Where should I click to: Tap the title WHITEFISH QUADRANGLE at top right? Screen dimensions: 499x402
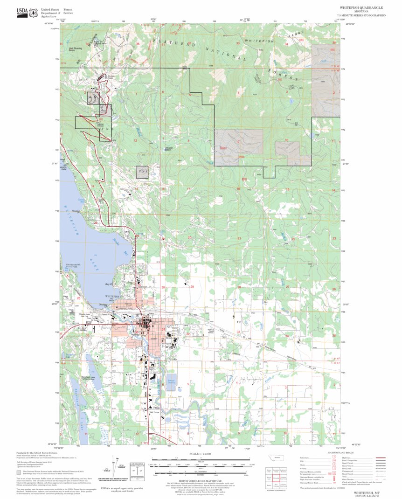click(361, 8)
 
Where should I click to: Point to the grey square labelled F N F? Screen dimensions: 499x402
click(142, 172)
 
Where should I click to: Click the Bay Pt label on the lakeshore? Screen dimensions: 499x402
click(110, 284)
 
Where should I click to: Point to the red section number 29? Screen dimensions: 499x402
click(192, 287)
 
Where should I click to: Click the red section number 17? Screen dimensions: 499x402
click(188, 189)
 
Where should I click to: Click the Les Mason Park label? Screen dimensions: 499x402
click(64, 168)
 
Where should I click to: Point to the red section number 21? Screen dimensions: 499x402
click(239, 238)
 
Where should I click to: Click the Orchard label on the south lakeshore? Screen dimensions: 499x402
click(104, 305)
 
